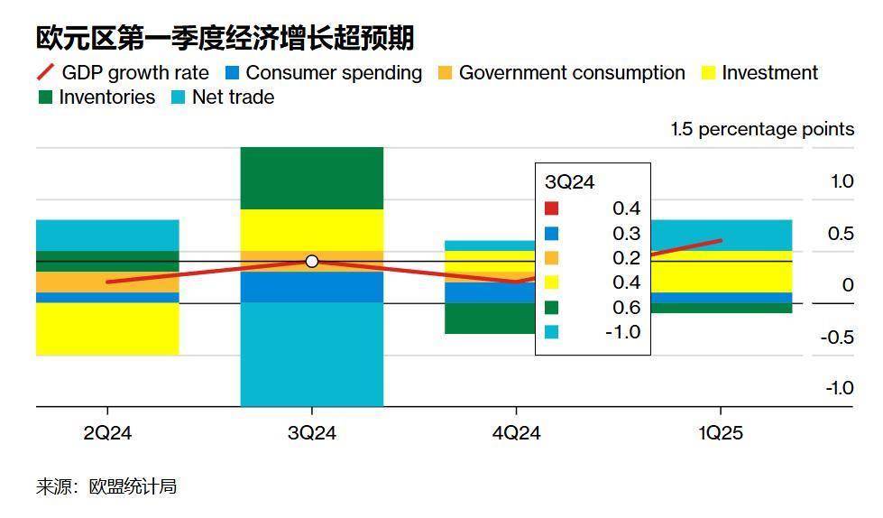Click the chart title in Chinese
[225, 38]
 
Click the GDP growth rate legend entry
[123, 73]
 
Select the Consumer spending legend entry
[323, 73]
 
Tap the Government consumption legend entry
[561, 73]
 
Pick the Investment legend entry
[759, 73]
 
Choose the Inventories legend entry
[97, 97]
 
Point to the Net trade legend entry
[223, 97]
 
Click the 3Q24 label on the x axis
[312, 433]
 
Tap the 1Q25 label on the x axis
[721, 433]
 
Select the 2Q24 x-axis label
[107, 433]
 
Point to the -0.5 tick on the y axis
[837, 338]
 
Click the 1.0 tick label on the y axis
[842, 181]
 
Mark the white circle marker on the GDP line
[312, 262]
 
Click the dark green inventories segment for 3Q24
[312, 178]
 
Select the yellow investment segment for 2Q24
[107, 329]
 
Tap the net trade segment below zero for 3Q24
[312, 355]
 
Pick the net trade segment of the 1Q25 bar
[722, 236]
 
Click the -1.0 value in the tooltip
[623, 332]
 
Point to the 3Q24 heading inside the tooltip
[569, 182]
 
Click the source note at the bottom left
[106, 486]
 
